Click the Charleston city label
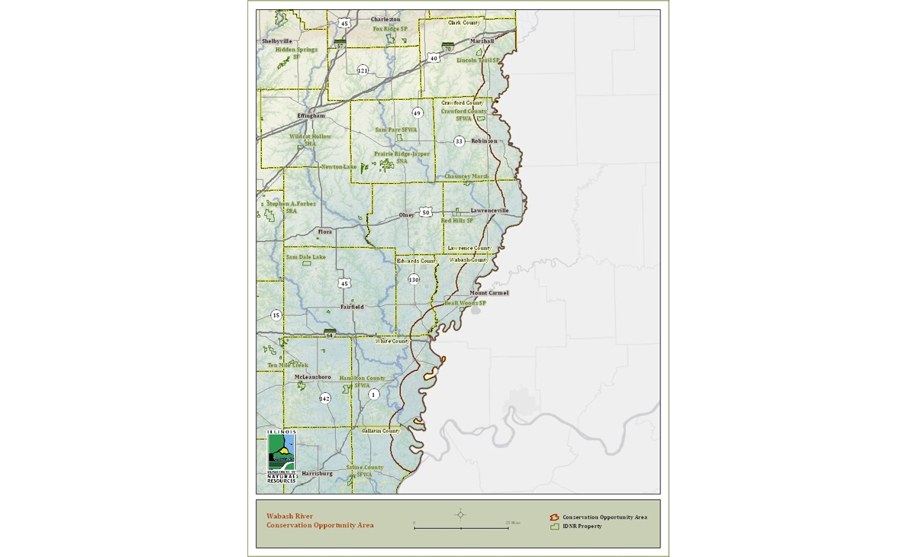pos(385,19)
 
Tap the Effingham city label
pos(311,116)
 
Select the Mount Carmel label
pos(489,293)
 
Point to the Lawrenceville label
pos(489,211)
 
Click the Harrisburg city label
pos(317,474)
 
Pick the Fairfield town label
pos(352,307)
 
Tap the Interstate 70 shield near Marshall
pos(448,47)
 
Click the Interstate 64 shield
pos(330,333)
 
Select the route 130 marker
pos(414,280)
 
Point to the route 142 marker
pos(325,398)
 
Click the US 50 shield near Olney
pos(426,212)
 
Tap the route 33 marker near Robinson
pos(459,141)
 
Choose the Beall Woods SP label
pos(465,303)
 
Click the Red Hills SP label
pos(457,221)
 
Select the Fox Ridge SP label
pos(390,29)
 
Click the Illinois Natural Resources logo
pos(281,456)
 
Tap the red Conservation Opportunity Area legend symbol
pos(555,517)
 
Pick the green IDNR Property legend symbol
pos(555,526)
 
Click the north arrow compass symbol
pos(460,514)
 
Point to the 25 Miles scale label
pos(513,523)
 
